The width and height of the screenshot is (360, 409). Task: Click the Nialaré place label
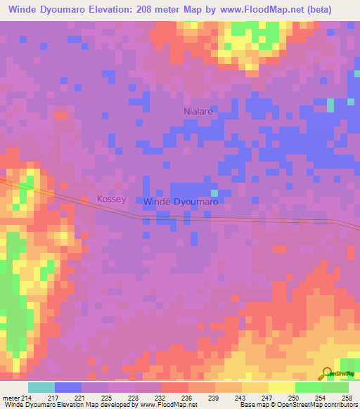[198, 111]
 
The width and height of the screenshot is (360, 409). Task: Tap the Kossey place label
[111, 200]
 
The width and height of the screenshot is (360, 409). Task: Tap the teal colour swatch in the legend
[41, 387]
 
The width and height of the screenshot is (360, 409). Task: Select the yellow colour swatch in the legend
[281, 387]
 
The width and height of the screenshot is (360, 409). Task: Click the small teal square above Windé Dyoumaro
[214, 193]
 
